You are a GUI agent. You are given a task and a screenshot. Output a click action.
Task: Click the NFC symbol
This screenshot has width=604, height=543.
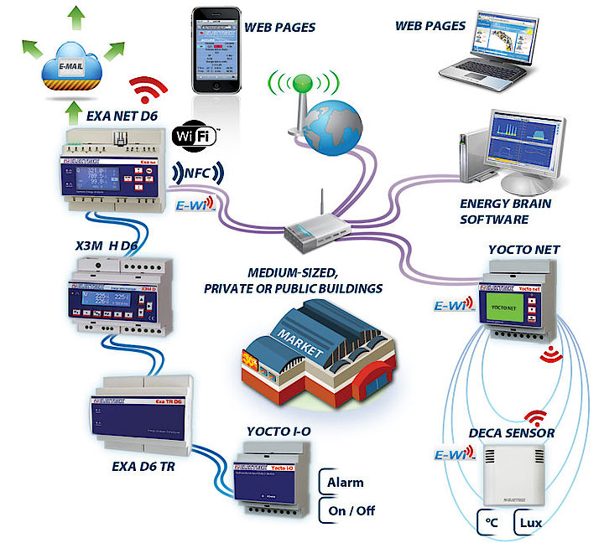click(x=198, y=173)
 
